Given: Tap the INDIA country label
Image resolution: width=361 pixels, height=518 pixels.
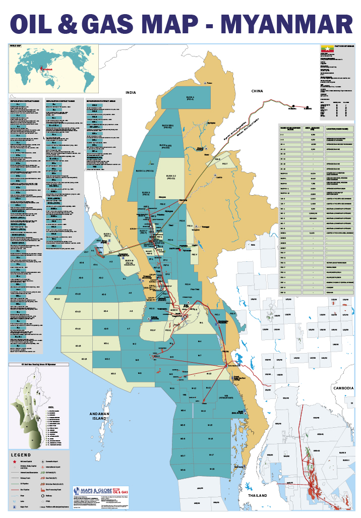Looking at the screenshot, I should (131, 93).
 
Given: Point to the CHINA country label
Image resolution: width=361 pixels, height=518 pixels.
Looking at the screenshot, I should (257, 91).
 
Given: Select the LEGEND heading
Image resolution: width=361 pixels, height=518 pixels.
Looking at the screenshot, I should (21, 454).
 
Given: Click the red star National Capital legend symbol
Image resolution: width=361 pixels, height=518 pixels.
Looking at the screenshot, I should (15, 462).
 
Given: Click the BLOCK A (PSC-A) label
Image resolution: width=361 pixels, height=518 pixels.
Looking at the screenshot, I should (190, 98).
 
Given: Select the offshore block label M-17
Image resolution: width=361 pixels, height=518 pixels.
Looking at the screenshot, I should (211, 455).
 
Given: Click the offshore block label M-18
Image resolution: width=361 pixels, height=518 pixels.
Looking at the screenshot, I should (212, 469).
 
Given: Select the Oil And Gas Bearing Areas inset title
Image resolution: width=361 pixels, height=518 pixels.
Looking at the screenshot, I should (39, 363).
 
